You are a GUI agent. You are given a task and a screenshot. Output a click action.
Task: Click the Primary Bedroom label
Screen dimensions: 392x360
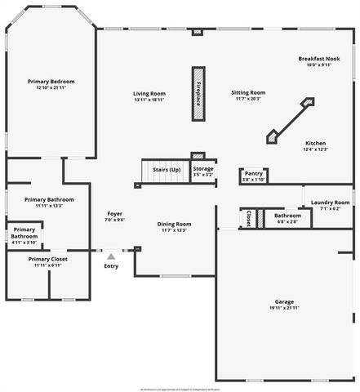pos(51,82)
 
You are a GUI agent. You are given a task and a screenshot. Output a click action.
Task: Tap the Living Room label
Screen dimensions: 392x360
pos(150,93)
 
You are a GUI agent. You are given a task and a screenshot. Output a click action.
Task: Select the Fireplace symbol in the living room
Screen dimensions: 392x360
pos(198,94)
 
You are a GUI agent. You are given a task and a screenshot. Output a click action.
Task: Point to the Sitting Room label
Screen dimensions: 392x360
pos(248,93)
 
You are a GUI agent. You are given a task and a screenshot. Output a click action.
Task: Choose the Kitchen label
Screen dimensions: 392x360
pos(315,143)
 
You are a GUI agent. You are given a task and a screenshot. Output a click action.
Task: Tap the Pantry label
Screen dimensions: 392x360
pos(253,174)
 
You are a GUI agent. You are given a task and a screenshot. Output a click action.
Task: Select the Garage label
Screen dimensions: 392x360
pos(284,301)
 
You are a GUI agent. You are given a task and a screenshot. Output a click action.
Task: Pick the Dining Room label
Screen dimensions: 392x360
pos(175,224)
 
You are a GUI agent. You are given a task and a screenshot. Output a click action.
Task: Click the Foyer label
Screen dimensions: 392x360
pos(114,214)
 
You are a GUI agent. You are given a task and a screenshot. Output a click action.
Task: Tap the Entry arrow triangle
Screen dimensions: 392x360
pos(111,256)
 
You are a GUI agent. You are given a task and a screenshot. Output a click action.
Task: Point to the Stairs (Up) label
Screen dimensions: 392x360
pos(167,169)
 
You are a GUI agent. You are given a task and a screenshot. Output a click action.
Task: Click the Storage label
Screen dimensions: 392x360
pos(203,169)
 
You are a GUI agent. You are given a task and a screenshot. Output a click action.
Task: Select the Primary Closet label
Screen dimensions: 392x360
pos(49,259)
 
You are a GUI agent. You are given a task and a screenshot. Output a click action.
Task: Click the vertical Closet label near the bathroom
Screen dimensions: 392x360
pos(248,218)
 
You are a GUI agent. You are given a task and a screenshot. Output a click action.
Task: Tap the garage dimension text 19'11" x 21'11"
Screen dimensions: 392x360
pos(284,308)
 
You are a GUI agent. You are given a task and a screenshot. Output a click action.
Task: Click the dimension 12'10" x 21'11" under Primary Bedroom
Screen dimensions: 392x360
pos(51,88)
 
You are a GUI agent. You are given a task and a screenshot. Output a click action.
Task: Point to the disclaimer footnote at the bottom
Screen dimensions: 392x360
pos(180,388)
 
